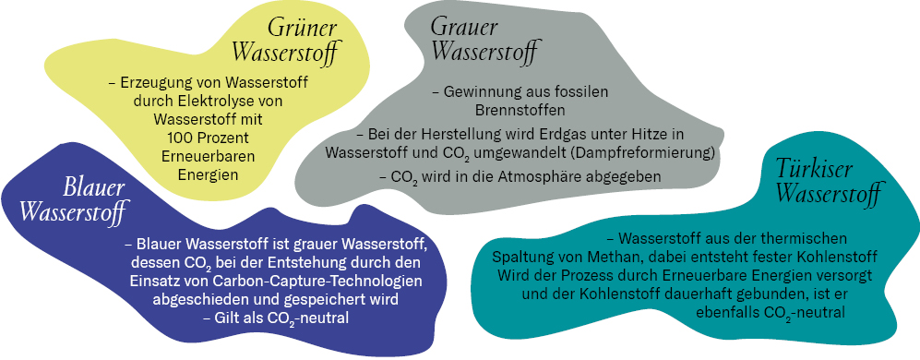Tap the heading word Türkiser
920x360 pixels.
[x=811, y=170]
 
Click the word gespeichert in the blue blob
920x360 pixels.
[x=319, y=299]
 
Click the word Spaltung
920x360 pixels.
[x=521, y=255]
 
